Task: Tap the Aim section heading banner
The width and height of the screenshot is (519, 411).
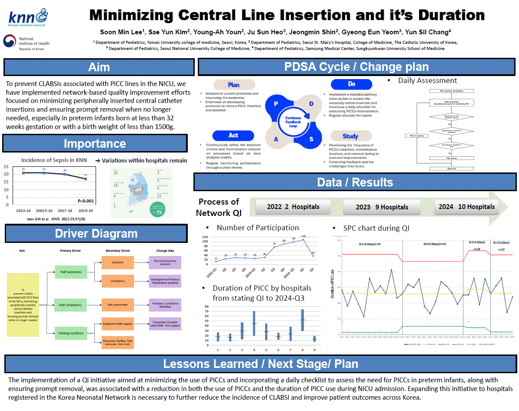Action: point(99,68)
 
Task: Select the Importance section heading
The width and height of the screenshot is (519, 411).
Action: point(95,144)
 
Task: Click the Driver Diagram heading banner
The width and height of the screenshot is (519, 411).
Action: point(96,234)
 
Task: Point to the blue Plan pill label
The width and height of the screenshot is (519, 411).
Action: point(233,85)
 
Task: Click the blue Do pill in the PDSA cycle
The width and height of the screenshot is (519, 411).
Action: point(351,84)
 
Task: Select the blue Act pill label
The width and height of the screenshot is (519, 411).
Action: point(233,136)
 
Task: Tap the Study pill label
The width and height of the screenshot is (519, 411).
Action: point(350,136)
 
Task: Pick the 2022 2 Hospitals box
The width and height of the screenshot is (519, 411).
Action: point(293,207)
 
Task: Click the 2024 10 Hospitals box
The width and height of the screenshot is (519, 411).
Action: point(466,207)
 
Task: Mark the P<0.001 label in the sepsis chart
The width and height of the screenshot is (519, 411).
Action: point(86,201)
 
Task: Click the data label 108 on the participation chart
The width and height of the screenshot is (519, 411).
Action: point(303,236)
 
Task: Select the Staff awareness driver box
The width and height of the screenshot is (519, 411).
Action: point(70,272)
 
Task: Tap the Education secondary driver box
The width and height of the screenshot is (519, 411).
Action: point(117,262)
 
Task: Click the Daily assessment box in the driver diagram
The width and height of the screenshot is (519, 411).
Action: point(117,305)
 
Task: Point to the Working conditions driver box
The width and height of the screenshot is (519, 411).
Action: point(70,334)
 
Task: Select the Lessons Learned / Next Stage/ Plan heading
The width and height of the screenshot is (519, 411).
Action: point(260,364)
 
